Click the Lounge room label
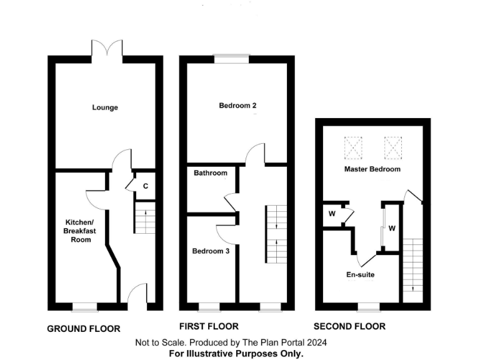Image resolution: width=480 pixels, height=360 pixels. pos(105,107)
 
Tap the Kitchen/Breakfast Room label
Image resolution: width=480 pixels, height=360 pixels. pos(81,231)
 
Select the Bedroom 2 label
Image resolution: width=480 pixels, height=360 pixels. pos(237,106)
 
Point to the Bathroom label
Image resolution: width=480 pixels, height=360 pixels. pos(210,173)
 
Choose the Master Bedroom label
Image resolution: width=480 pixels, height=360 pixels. pos(372,169)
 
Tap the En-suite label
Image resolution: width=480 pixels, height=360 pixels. pos(361,274)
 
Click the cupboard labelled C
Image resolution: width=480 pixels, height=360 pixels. pos(146,186)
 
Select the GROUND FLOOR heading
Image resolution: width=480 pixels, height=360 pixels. pos(84,329)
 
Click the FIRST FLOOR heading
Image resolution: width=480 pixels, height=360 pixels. pos(209,326)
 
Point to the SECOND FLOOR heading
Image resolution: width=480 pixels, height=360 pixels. pos(349,326)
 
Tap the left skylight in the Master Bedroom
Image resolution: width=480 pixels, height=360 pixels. pos(354,148)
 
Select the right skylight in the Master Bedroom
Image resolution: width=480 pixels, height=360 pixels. pos(394,148)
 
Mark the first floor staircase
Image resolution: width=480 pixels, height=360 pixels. pos(274,234)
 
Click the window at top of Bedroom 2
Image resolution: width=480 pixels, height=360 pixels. pos(231,59)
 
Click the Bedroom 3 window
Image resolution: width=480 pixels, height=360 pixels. pos(209,307)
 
